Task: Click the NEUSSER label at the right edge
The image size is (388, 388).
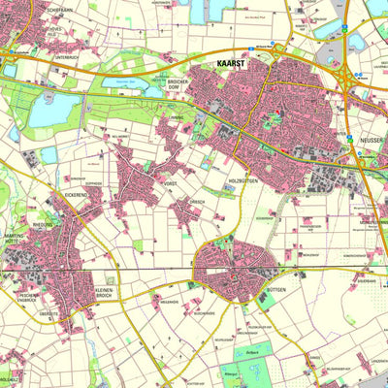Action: click(x=372, y=141)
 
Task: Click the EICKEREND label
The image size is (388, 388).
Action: click(x=79, y=195)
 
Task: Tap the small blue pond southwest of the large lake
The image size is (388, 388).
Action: click(x=48, y=154)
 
